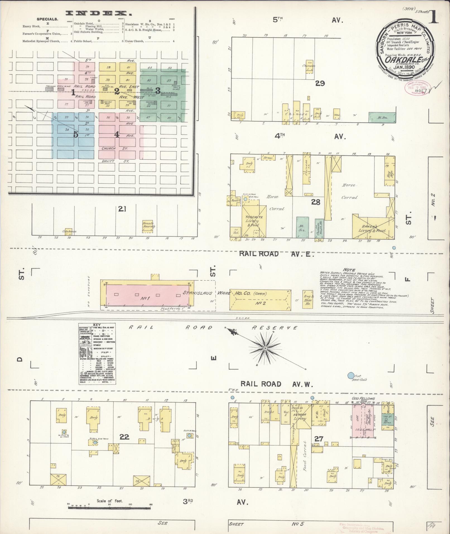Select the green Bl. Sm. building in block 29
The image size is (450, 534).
click(x=382, y=117)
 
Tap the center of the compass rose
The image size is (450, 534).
click(x=265, y=348)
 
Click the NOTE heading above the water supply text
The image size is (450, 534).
click(x=350, y=270)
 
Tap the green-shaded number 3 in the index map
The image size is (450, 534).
click(x=158, y=91)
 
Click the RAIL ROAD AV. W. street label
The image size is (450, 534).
click(x=277, y=384)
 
